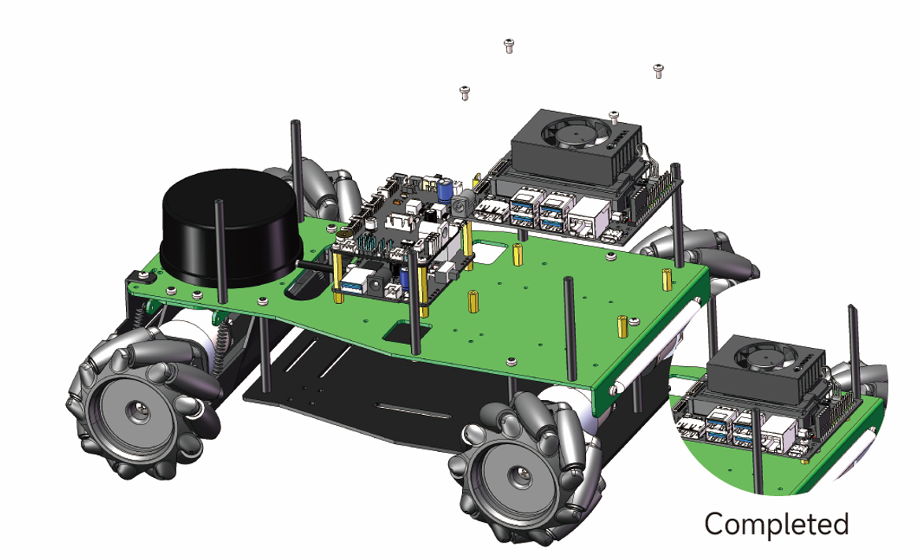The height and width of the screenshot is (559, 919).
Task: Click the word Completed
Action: click(776, 524)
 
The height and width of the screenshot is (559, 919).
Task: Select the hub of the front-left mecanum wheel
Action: click(140, 412)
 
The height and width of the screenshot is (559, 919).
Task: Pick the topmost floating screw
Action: click(509, 45)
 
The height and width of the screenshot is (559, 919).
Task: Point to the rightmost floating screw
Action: click(659, 71)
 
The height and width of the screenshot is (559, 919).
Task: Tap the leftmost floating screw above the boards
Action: click(465, 93)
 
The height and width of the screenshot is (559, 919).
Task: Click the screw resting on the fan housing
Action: click(613, 117)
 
